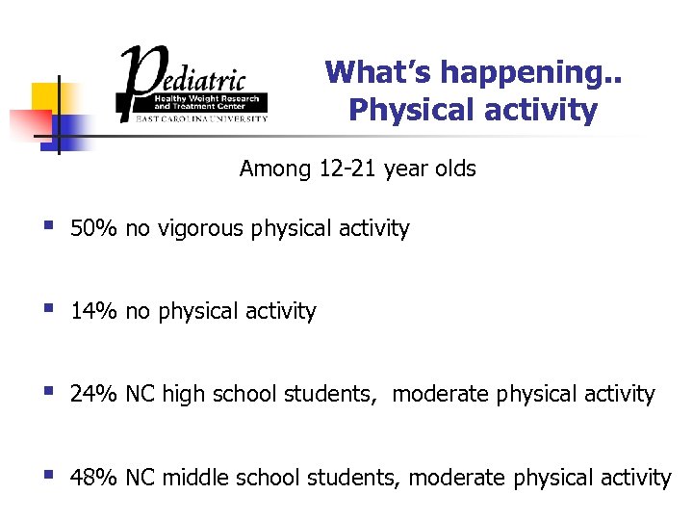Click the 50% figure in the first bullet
tap(93, 229)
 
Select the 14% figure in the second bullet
tap(93, 312)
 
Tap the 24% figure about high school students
tap(93, 394)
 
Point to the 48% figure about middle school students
tap(93, 478)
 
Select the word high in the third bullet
tap(183, 394)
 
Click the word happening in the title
tap(515, 73)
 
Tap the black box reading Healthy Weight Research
tap(208, 101)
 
